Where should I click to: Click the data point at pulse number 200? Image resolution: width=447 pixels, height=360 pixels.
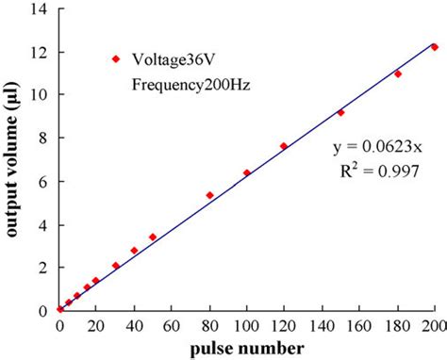click(435, 46)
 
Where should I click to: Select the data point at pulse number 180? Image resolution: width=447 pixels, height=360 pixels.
click(397, 74)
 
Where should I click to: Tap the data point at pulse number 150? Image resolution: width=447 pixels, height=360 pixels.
click(340, 112)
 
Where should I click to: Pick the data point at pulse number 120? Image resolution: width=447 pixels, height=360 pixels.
click(284, 146)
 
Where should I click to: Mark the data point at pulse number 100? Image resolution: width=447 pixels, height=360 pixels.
click(247, 172)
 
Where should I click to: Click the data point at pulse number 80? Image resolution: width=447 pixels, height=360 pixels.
click(209, 195)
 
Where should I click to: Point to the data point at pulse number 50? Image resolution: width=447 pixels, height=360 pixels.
click(153, 237)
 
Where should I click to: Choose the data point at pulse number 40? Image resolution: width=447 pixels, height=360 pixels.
click(134, 250)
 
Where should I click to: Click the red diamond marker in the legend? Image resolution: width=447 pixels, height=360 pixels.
click(116, 58)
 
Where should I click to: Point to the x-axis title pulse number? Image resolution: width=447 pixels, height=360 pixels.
click(247, 349)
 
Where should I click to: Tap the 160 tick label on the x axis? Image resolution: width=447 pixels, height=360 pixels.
click(359, 326)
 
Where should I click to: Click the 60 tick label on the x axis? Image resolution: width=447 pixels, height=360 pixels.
click(172, 326)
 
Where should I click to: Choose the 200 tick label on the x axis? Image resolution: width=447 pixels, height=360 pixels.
click(434, 326)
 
